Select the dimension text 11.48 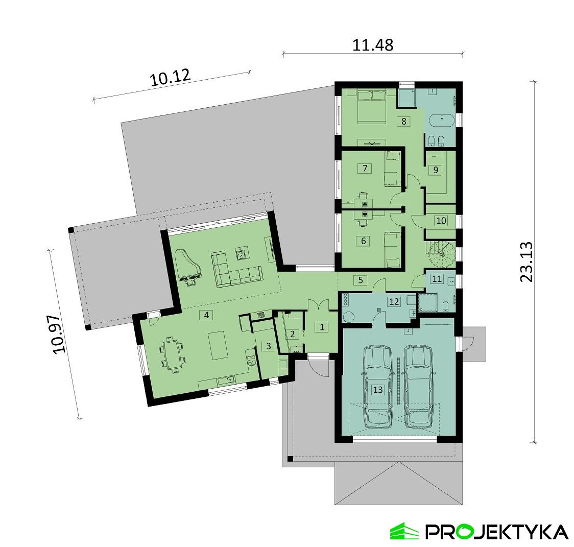point(373,45)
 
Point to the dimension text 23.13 point(527,261)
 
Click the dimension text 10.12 point(170,78)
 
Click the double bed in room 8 point(371,106)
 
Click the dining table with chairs point(172,354)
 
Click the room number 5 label point(360,279)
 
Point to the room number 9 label point(436,170)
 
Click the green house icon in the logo point(404,531)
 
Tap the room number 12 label point(394,301)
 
